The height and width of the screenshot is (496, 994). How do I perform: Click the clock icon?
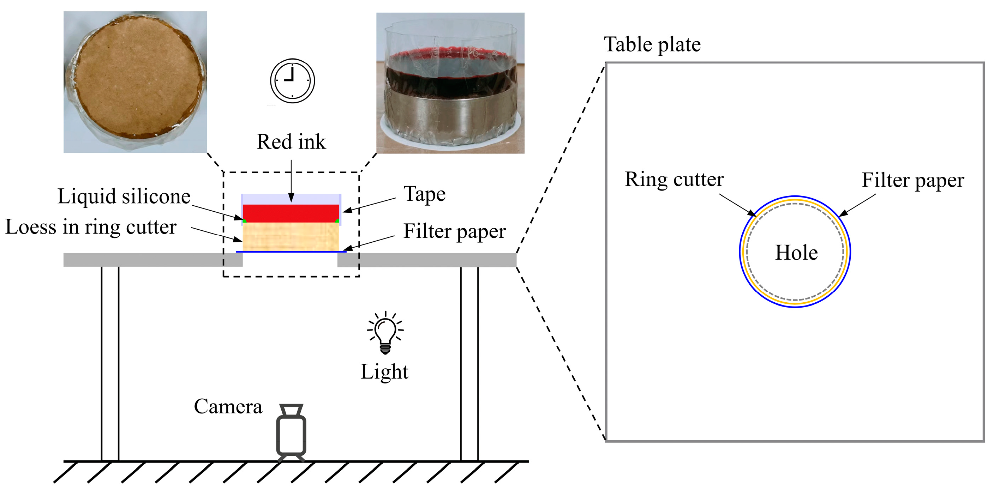click(x=292, y=81)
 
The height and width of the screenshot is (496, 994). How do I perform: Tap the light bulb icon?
click(x=385, y=332)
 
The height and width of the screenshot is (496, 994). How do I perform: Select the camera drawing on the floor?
click(x=291, y=432)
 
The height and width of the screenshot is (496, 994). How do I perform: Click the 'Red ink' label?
click(x=291, y=141)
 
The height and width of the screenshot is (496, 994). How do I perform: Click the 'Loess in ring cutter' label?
click(x=91, y=227)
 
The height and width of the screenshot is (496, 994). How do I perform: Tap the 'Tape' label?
click(x=424, y=194)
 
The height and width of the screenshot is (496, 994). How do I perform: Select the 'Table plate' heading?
click(x=652, y=44)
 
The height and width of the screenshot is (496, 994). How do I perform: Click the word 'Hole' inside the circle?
click(x=796, y=253)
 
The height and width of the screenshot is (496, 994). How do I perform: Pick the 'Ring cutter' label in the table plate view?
click(x=674, y=179)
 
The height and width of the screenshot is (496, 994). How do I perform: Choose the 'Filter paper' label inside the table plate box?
click(x=913, y=180)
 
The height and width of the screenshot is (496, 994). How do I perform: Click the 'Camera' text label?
click(x=228, y=406)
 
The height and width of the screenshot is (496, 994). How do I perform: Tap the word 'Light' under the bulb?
click(x=384, y=371)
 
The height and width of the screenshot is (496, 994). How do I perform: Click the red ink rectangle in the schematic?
click(x=291, y=213)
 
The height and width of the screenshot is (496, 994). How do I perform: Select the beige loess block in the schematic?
click(x=291, y=236)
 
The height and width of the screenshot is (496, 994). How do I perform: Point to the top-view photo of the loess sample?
click(x=135, y=82)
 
